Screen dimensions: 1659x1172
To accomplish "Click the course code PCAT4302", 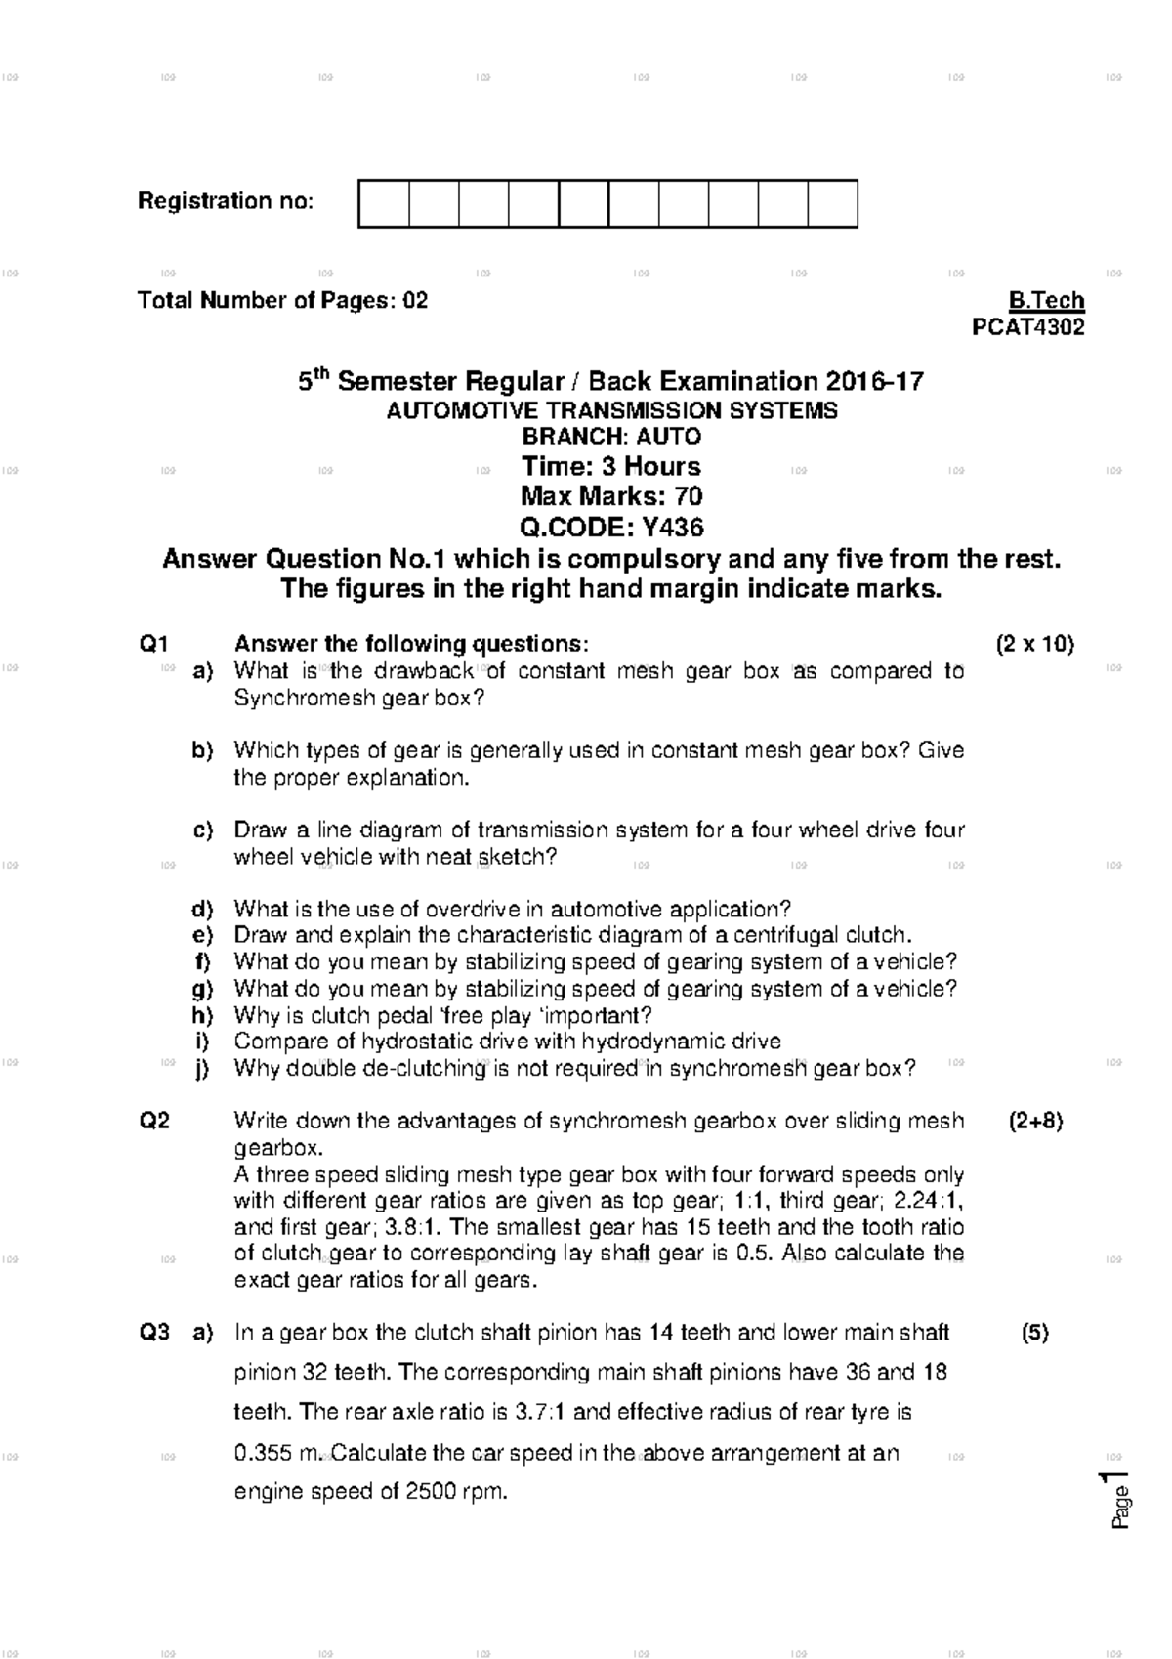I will tap(1027, 328).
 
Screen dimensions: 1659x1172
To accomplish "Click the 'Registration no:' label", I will tap(226, 202).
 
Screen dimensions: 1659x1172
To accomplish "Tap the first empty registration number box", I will tap(384, 204).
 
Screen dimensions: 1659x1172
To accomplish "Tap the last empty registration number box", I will tap(833, 204).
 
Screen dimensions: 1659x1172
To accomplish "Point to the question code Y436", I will tap(672, 529).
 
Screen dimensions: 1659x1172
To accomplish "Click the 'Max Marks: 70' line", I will tap(611, 497).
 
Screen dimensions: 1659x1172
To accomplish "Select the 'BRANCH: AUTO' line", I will tap(611, 437).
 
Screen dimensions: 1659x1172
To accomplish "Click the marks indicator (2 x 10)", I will tap(1034, 644).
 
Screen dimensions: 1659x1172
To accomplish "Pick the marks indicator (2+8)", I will tap(1035, 1122).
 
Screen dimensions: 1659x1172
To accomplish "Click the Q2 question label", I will tap(154, 1122).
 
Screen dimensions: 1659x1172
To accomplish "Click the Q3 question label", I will tap(154, 1333).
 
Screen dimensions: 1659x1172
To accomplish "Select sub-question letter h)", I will tap(202, 1016).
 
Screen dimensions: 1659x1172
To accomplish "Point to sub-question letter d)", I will tap(202, 910).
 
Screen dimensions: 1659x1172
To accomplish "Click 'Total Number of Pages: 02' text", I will tap(282, 301).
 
